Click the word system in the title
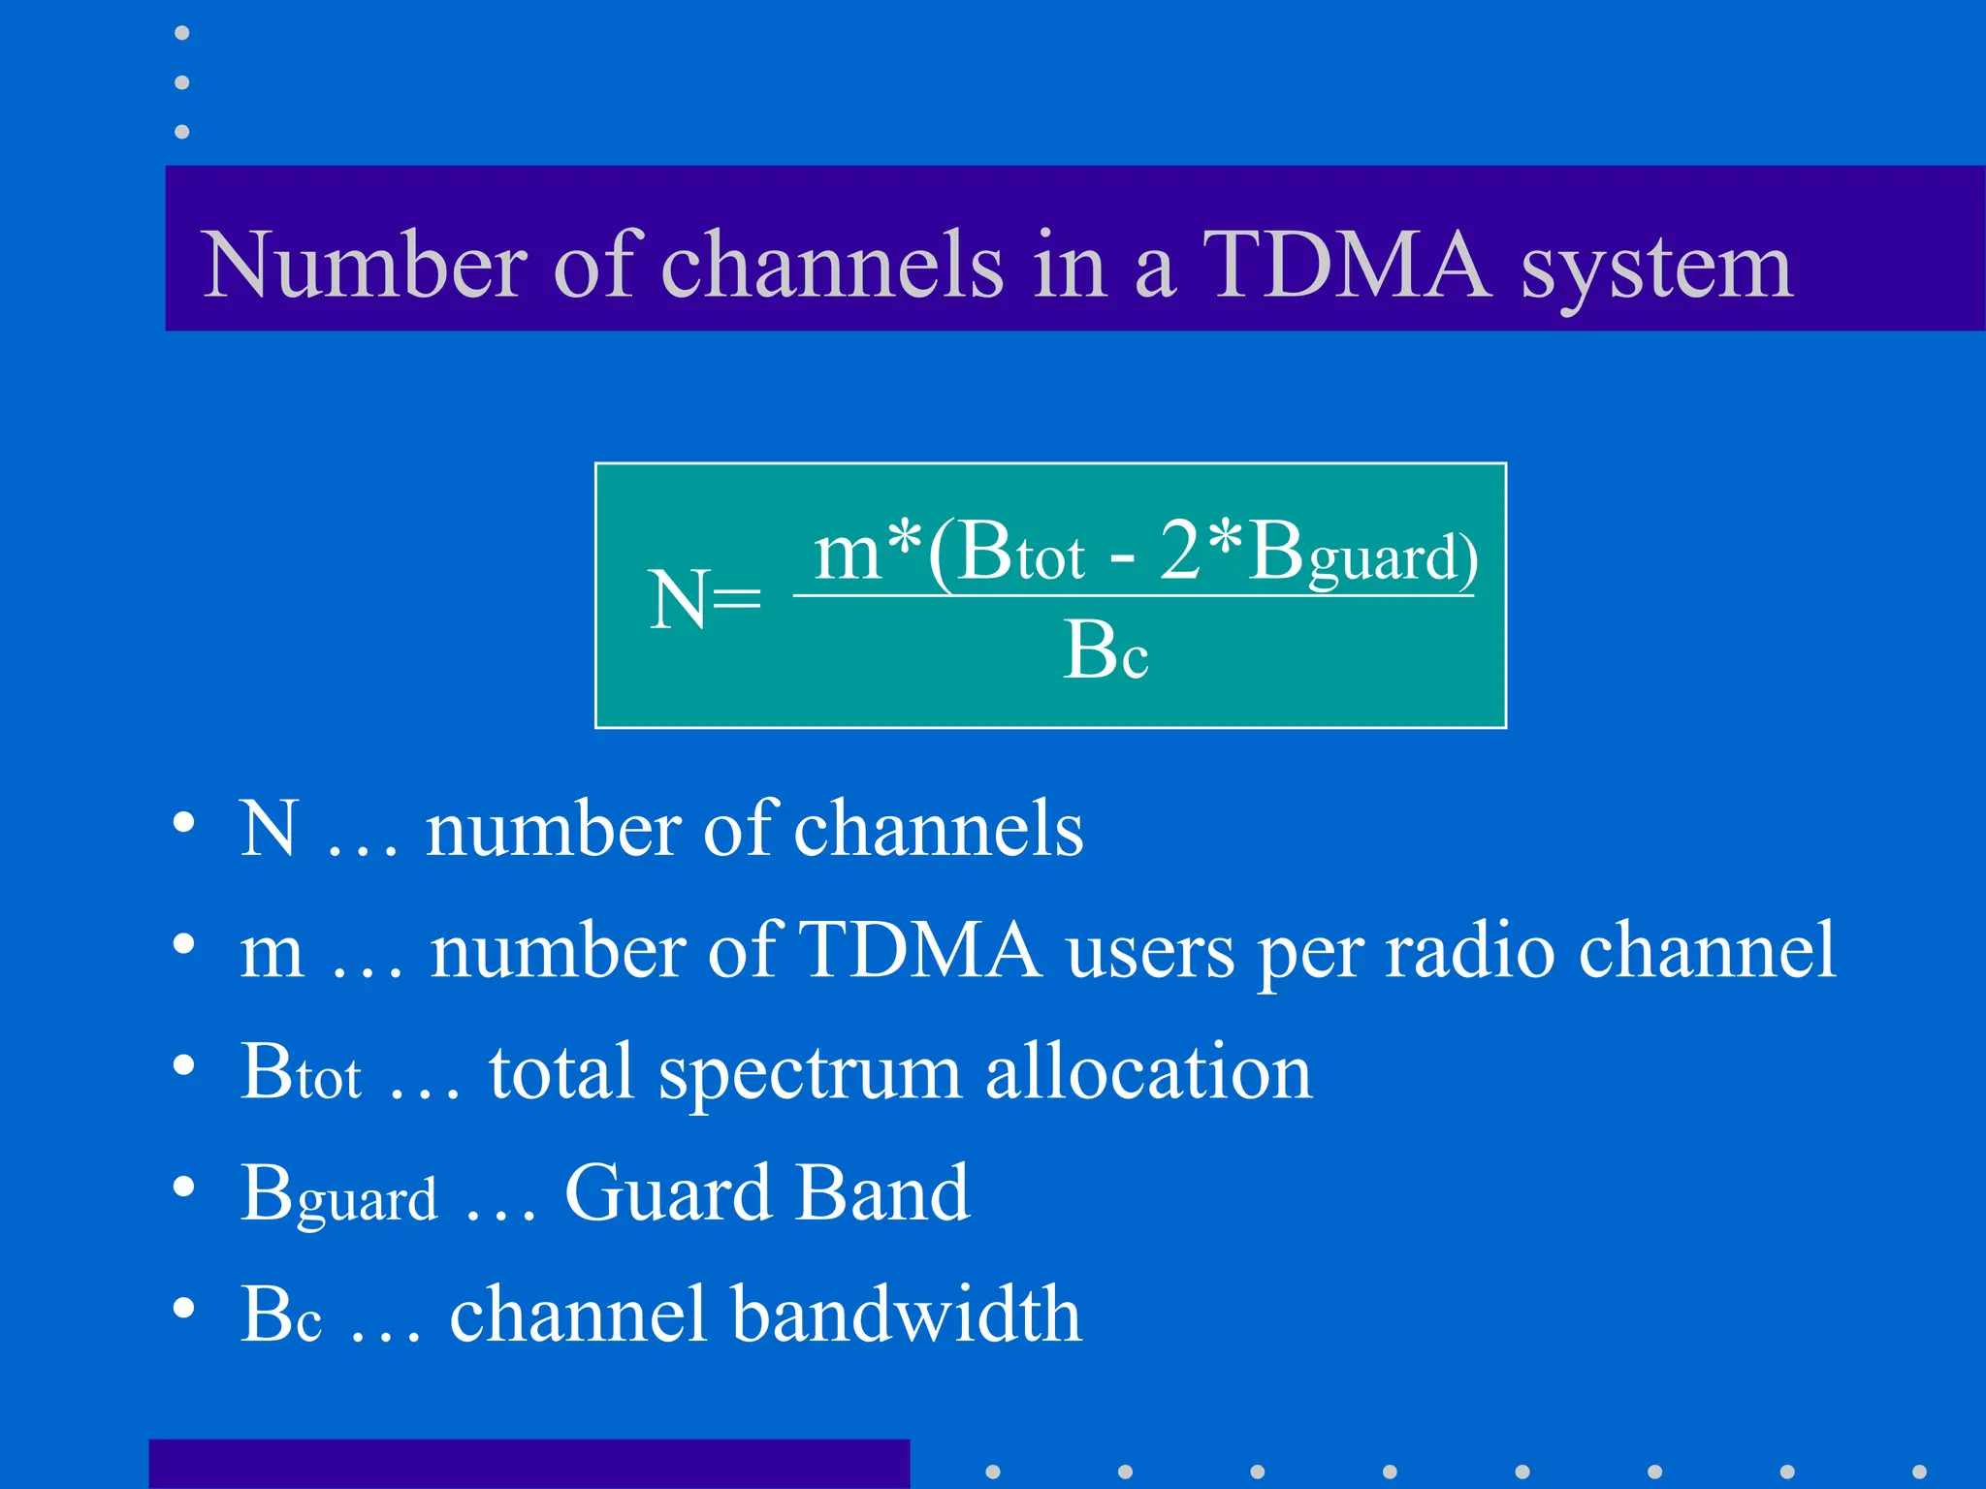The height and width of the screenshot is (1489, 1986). coord(1656,271)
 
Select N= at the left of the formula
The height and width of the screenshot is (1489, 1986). coord(704,600)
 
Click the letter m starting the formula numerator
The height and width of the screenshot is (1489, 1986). coord(847,553)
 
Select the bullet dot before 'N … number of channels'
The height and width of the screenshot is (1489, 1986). coord(183,824)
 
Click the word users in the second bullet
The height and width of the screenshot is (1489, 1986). coord(1149,951)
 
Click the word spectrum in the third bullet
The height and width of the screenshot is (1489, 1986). coord(809,1074)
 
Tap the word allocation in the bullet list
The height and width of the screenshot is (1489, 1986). coord(1148,1072)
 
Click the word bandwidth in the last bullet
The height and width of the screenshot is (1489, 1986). coord(906,1315)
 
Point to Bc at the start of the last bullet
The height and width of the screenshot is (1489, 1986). coord(280,1316)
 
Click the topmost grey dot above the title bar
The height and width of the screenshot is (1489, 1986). coord(181,34)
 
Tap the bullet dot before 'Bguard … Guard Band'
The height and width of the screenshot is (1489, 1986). coord(183,1188)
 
